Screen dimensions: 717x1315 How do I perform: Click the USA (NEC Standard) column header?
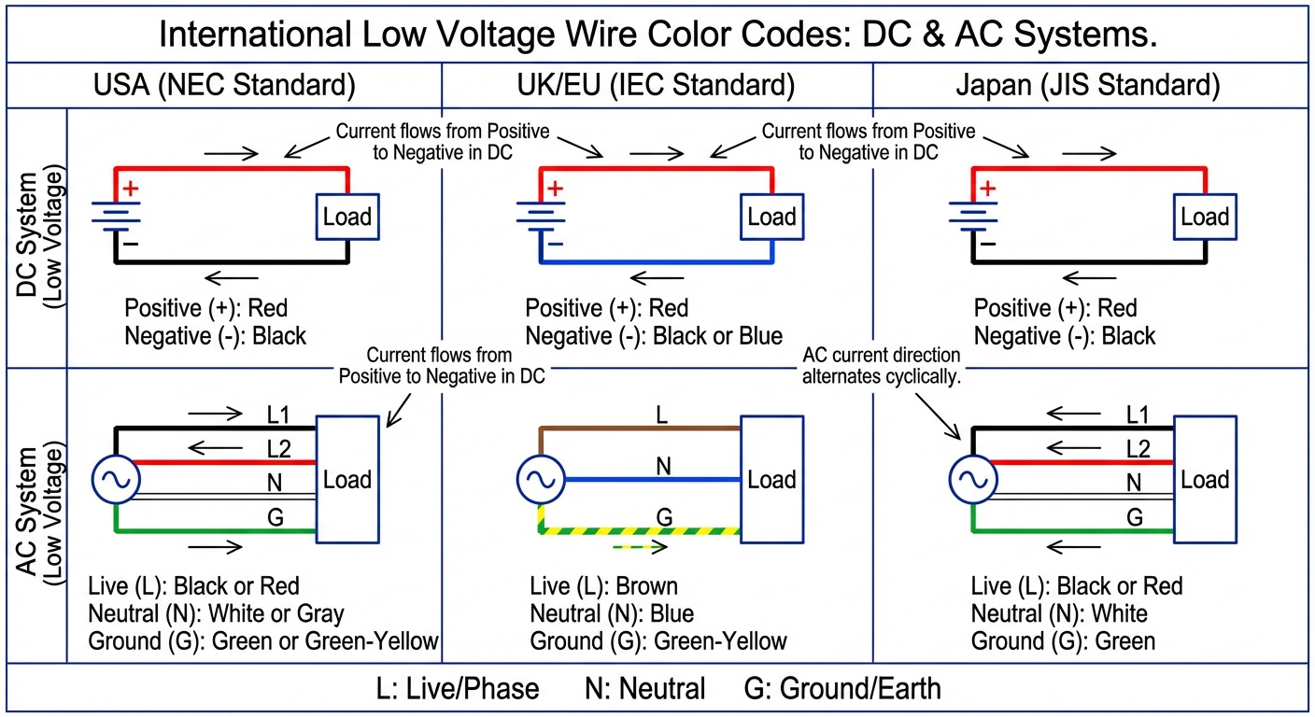pyautogui.click(x=224, y=86)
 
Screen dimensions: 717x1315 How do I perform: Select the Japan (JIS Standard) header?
pyautogui.click(x=1088, y=86)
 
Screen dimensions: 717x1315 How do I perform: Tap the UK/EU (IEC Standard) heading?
pyautogui.click(x=656, y=86)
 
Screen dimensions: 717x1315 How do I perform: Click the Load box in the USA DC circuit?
pyautogui.click(x=346, y=218)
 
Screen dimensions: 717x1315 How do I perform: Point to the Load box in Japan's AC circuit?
pyautogui.click(x=1205, y=479)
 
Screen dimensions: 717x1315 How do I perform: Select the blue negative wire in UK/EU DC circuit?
pyautogui.click(x=654, y=261)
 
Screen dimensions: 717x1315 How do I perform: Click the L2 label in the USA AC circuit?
pyautogui.click(x=278, y=449)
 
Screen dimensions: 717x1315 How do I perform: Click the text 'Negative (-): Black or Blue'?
pyautogui.click(x=654, y=336)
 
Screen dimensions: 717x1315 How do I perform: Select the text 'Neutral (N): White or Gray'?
pyautogui.click(x=217, y=613)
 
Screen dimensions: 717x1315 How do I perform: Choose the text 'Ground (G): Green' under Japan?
pyautogui.click(x=1063, y=641)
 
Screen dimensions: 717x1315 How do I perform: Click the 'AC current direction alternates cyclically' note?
pyautogui.click(x=881, y=366)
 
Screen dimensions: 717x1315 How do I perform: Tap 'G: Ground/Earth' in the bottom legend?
pyautogui.click(x=842, y=689)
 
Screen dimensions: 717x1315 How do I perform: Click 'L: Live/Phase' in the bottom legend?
pyautogui.click(x=458, y=689)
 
